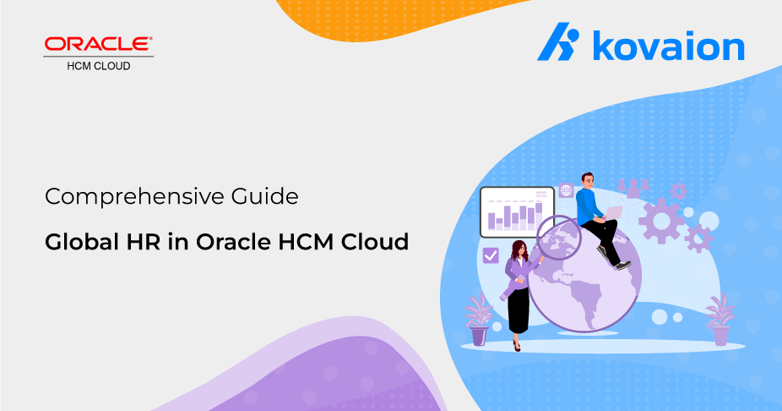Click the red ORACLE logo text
98,44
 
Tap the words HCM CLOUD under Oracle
99,66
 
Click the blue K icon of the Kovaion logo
558,41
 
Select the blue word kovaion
668,46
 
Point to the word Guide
264,195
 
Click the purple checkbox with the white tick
491,255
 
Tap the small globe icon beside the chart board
566,190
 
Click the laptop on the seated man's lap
613,213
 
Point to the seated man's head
588,180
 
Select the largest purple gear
661,221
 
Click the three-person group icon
633,188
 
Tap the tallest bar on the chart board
539,216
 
